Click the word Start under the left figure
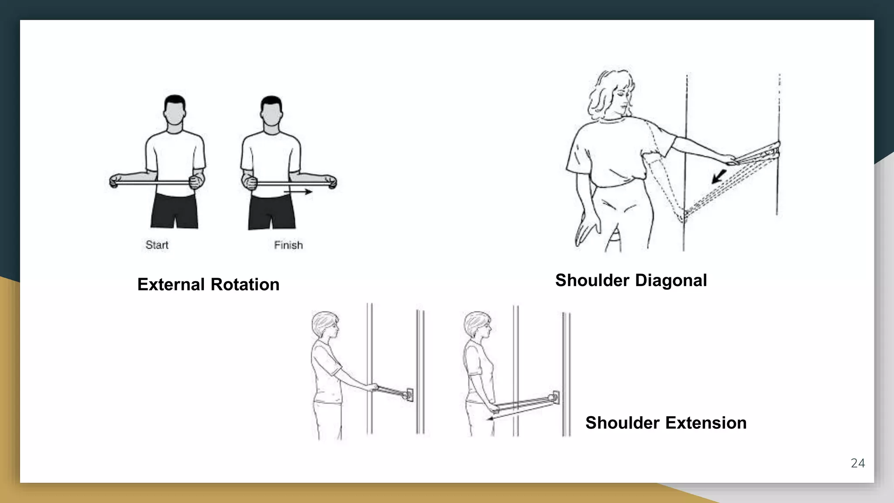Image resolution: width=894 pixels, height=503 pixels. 157,245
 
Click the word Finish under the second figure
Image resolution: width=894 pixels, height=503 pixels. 288,245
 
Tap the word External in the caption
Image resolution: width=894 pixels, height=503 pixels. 171,285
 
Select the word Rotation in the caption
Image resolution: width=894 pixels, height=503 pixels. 245,285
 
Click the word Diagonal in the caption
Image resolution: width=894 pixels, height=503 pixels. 671,280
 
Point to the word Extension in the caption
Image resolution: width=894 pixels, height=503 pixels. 706,423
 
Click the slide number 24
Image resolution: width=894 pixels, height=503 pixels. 857,463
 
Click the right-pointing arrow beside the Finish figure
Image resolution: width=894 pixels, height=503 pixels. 299,192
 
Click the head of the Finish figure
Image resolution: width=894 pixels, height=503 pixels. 271,112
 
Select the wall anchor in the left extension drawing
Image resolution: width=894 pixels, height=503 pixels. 409,395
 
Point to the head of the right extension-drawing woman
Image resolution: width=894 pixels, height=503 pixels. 478,326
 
